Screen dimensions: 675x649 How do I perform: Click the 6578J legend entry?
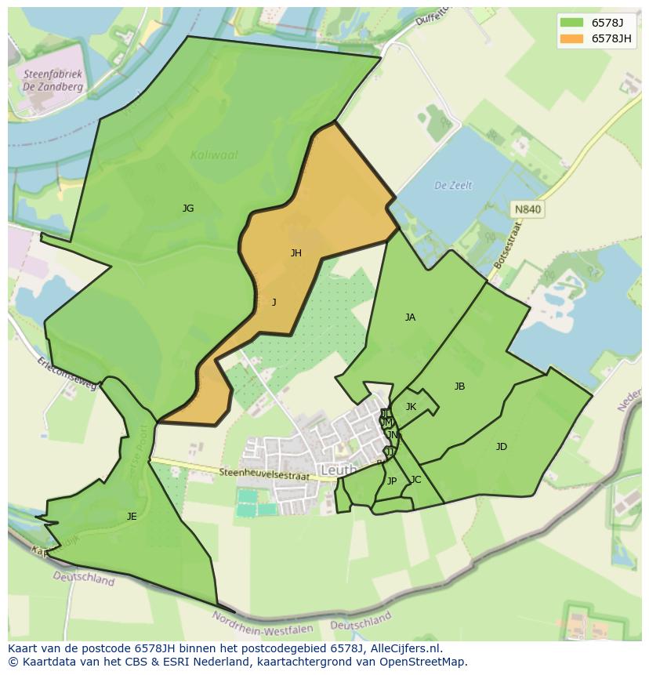pyautogui.click(x=607, y=23)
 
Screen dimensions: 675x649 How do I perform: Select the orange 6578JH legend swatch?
pyautogui.click(x=572, y=38)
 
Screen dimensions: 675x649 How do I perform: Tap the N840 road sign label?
pyautogui.click(x=528, y=209)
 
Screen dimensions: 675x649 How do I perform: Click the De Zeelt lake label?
pyautogui.click(x=453, y=186)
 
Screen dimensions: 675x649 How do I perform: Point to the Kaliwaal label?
pyautogui.click(x=214, y=155)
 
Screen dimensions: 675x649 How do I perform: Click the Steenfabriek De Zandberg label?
pyautogui.click(x=53, y=82)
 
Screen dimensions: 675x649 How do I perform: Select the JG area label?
pyautogui.click(x=188, y=209)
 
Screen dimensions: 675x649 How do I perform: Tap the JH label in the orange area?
pyautogui.click(x=296, y=252)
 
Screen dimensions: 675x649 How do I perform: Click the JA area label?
pyautogui.click(x=410, y=318)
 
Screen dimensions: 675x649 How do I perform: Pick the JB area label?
pyautogui.click(x=459, y=386)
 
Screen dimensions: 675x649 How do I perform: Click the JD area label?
pyautogui.click(x=501, y=447)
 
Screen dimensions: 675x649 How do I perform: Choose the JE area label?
pyautogui.click(x=132, y=516)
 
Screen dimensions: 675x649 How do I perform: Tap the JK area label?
pyautogui.click(x=411, y=407)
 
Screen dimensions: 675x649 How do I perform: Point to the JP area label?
pyautogui.click(x=392, y=481)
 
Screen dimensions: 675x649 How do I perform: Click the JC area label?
pyautogui.click(x=415, y=480)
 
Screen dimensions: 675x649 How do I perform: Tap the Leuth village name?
pyautogui.click(x=339, y=470)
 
